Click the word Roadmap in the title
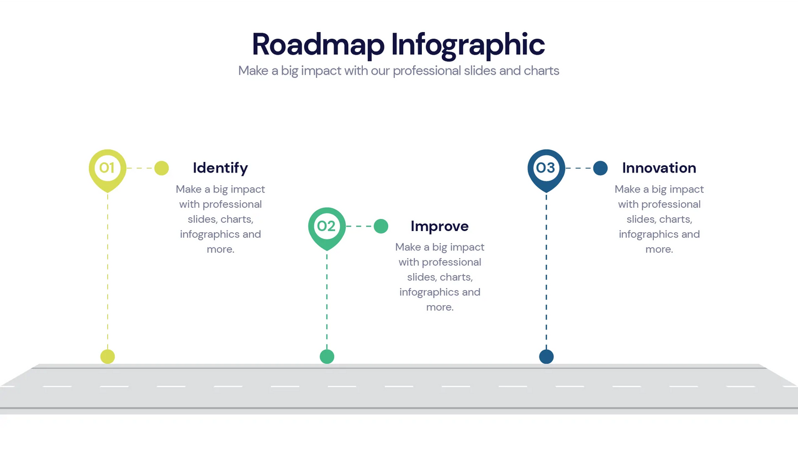[318, 44]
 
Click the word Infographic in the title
[468, 45]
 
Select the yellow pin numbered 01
[107, 168]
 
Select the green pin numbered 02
[326, 226]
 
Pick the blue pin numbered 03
[546, 168]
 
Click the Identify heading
[220, 168]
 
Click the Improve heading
[440, 226]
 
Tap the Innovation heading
[659, 168]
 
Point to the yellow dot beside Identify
[161, 168]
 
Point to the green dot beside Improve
[381, 226]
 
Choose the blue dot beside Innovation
[600, 168]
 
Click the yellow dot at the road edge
[108, 357]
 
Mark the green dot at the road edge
[327, 357]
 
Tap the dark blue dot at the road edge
[546, 357]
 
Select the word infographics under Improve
[429, 292]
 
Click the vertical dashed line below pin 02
[327, 299]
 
